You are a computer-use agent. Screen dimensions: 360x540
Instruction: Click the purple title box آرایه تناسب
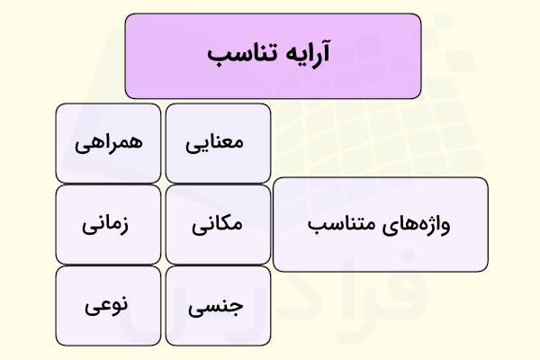pos(273,55)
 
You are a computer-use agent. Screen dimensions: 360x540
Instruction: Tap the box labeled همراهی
pos(108,143)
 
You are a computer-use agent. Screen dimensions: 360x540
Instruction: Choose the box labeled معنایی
pos(218,143)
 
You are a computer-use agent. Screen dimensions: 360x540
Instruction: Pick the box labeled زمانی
pos(108,224)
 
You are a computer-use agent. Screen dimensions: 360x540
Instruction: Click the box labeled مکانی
pos(218,224)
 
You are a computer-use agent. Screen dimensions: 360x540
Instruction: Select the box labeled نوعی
pos(108,305)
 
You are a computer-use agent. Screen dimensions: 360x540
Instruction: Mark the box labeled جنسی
pos(218,305)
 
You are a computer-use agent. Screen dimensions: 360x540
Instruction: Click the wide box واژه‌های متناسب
pos(380,224)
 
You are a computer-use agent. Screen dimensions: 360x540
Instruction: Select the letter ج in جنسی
pos(236,307)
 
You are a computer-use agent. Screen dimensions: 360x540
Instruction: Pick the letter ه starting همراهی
pos(135,143)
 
